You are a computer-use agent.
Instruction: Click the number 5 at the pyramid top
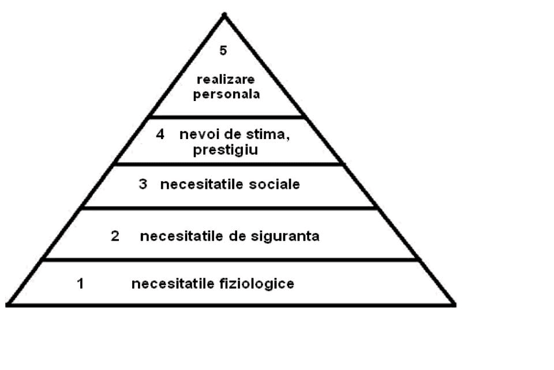click(223, 51)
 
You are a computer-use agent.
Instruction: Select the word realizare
click(226, 79)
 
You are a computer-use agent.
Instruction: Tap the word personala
click(226, 95)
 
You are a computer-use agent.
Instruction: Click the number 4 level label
click(160, 134)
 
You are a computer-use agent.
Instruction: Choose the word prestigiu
click(226, 150)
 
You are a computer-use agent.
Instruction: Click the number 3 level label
click(143, 184)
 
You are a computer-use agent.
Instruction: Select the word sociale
click(274, 184)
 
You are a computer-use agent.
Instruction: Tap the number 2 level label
click(115, 236)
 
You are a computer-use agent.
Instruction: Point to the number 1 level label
click(81, 283)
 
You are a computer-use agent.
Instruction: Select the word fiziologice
click(257, 284)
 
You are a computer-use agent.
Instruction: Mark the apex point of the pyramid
click(224, 14)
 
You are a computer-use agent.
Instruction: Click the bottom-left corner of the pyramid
click(8, 305)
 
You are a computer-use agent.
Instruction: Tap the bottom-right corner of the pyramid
click(454, 305)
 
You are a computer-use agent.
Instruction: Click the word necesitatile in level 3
click(202, 184)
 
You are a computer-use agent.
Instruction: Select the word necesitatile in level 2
click(182, 236)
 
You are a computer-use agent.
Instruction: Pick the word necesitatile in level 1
click(173, 284)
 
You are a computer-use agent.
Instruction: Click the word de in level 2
click(237, 236)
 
